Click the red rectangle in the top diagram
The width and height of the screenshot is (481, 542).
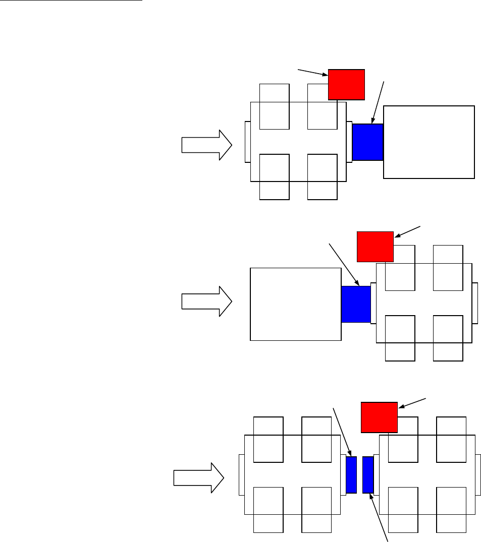coord(346,85)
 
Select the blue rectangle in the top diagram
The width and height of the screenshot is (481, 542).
coord(367,142)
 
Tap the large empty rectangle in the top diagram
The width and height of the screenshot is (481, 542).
coord(429,142)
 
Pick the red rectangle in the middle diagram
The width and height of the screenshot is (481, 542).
coord(375,247)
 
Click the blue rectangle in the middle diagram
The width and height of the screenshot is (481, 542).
coord(356,304)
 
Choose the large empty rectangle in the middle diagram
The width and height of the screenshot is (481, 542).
coord(296,304)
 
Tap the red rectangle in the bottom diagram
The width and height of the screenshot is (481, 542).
coord(379,417)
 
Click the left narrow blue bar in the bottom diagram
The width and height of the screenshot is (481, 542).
coord(351,474)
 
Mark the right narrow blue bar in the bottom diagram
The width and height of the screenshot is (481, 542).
coord(368,474)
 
